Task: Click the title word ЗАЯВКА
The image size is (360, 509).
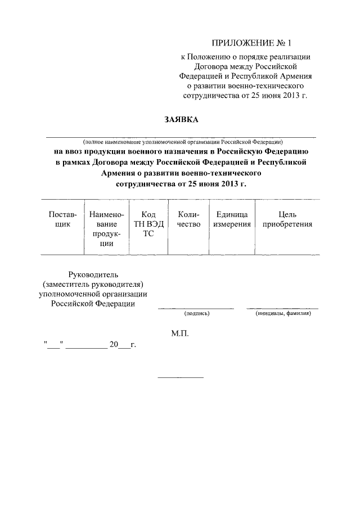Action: pos(181,119)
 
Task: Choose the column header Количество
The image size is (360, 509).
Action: pos(188,219)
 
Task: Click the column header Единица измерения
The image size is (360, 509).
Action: pos(232,219)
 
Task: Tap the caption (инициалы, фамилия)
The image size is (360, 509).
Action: pos(283,313)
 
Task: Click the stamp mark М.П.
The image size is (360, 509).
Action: pos(181,334)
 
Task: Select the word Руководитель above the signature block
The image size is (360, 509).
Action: pos(92,274)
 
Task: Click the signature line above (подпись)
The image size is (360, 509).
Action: pos(196,308)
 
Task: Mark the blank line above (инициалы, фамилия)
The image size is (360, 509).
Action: pos(282,308)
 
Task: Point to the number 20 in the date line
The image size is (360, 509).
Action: pos(114,345)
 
